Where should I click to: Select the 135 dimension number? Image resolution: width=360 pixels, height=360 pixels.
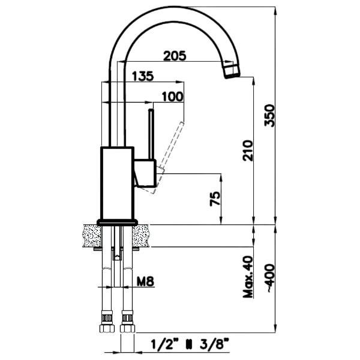click(x=141, y=76)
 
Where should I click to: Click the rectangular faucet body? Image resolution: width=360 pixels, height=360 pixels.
click(x=117, y=183)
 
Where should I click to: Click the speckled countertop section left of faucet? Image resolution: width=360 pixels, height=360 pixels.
click(x=91, y=235)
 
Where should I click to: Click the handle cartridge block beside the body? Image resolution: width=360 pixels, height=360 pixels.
click(x=146, y=172)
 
